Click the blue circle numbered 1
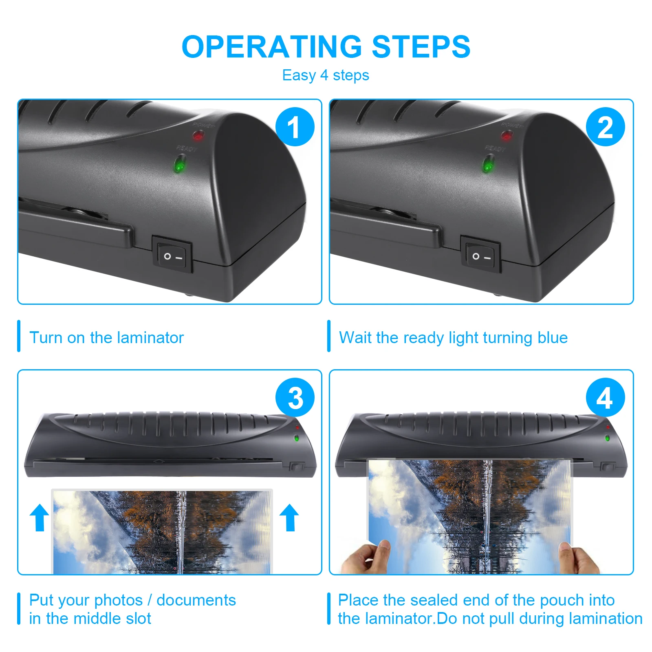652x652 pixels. [295, 127]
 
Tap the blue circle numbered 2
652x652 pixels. [605, 127]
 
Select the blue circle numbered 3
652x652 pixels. [295, 397]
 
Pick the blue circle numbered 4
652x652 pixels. [605, 397]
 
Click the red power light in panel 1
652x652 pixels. [198, 135]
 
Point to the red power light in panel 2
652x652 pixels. [507, 135]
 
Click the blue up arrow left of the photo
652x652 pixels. [40, 518]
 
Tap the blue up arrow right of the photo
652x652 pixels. [289, 518]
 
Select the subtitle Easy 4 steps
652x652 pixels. [326, 75]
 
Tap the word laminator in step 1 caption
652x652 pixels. [150, 338]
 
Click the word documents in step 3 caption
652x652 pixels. [196, 600]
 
